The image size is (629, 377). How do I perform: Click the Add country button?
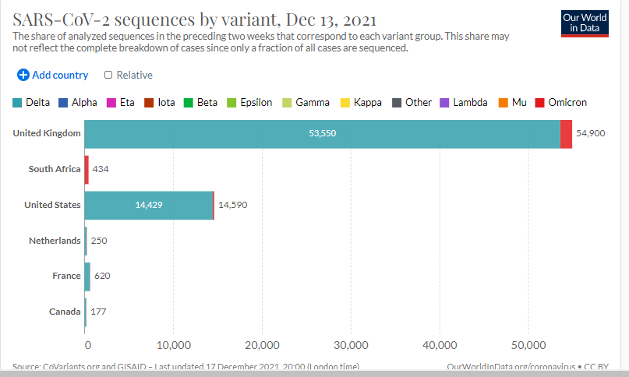tap(53, 75)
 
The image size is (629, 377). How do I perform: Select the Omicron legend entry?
tap(561, 102)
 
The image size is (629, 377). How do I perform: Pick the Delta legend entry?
tap(32, 102)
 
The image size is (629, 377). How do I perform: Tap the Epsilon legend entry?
tap(249, 102)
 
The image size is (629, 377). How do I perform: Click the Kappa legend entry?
tap(361, 102)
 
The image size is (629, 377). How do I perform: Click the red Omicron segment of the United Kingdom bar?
tap(566, 134)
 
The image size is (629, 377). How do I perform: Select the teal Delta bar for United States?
tap(149, 205)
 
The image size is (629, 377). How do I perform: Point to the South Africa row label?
tap(55, 169)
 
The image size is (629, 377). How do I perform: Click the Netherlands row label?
tap(55, 241)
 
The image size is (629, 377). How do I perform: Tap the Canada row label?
tap(65, 312)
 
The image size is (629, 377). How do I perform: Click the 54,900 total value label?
tap(591, 134)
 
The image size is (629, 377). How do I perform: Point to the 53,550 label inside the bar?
tap(322, 134)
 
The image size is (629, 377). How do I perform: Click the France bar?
tap(87, 277)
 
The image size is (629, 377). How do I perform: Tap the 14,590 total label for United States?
tap(234, 205)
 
